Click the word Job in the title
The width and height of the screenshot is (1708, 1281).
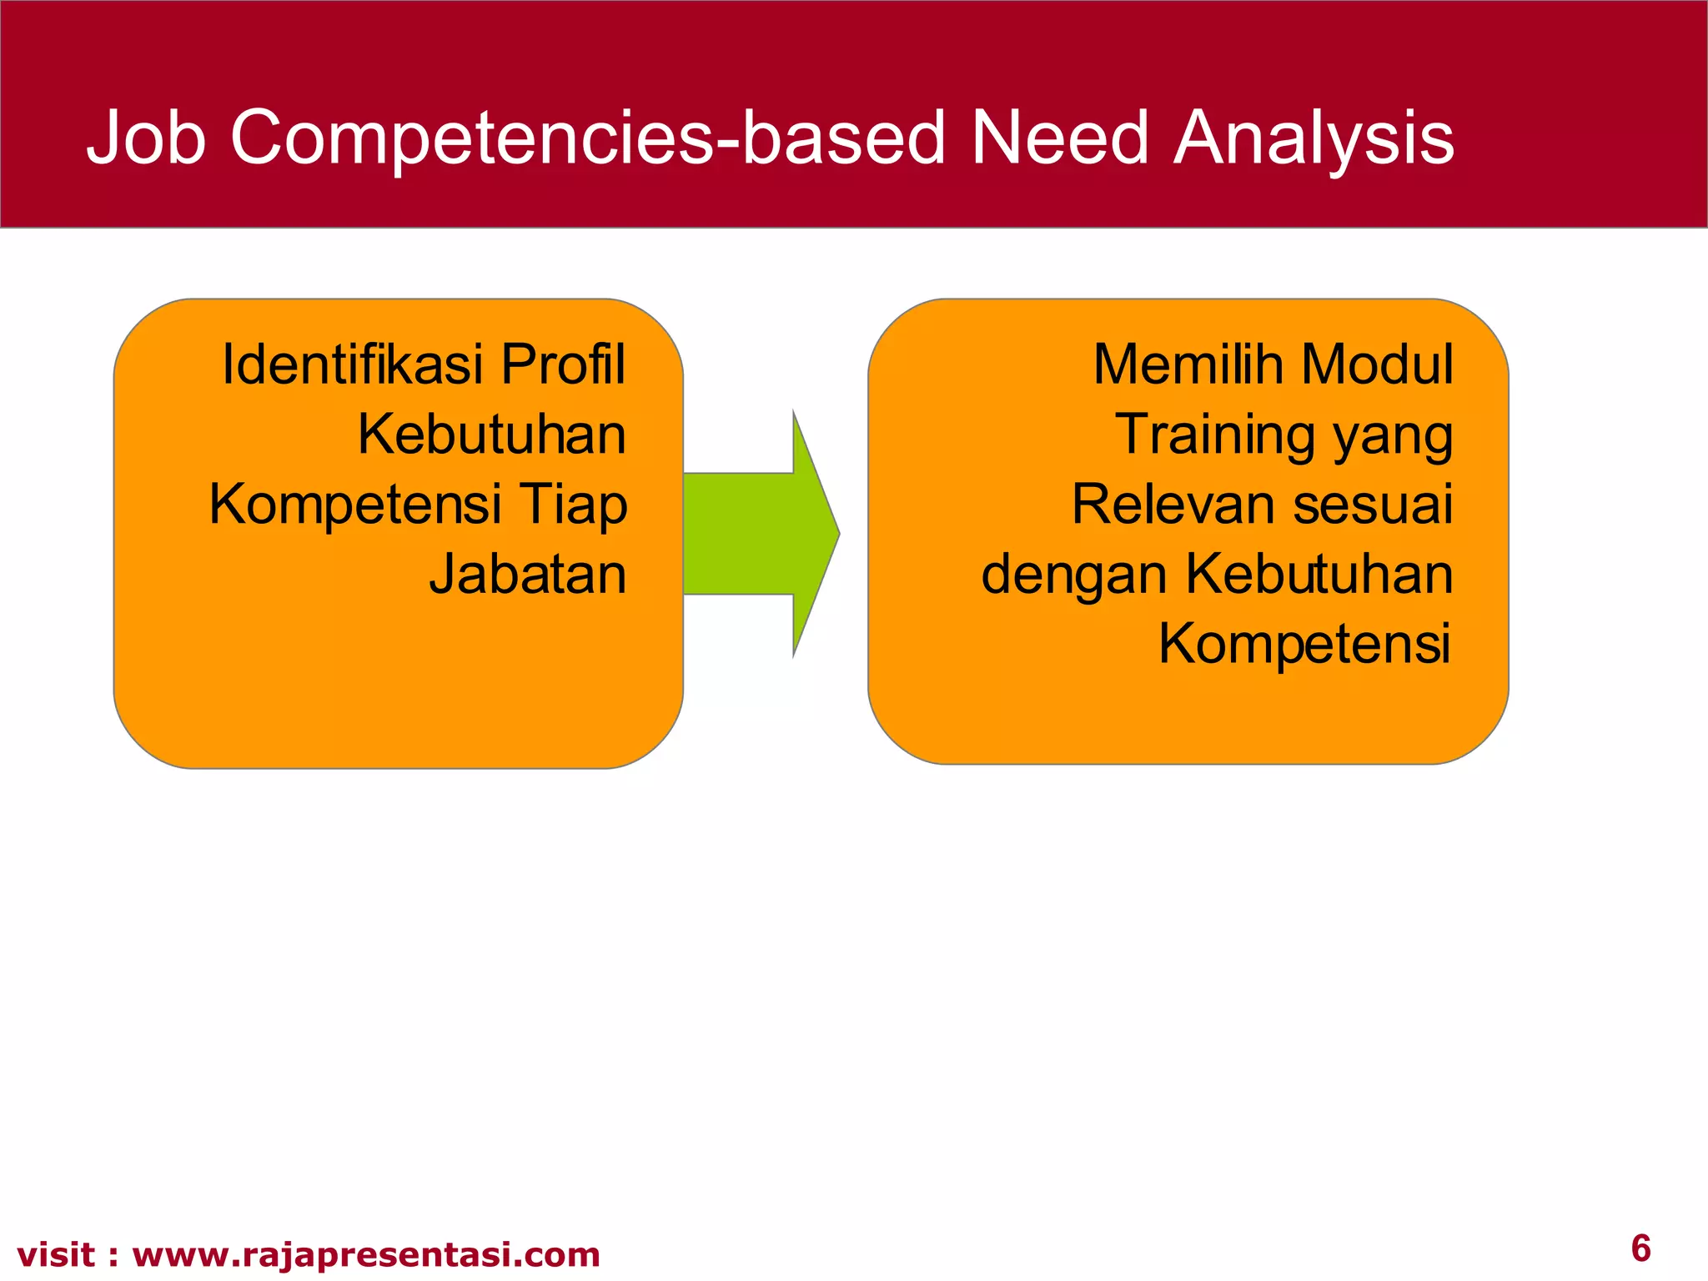(147, 138)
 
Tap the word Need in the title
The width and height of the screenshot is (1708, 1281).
(1060, 138)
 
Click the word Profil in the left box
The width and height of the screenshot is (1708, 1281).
(563, 364)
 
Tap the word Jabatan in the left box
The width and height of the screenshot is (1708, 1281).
(527, 575)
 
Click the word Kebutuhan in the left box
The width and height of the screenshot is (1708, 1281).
(491, 435)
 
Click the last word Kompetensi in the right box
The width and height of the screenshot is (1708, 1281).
(1304, 644)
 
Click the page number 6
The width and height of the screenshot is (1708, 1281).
(1640, 1248)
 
